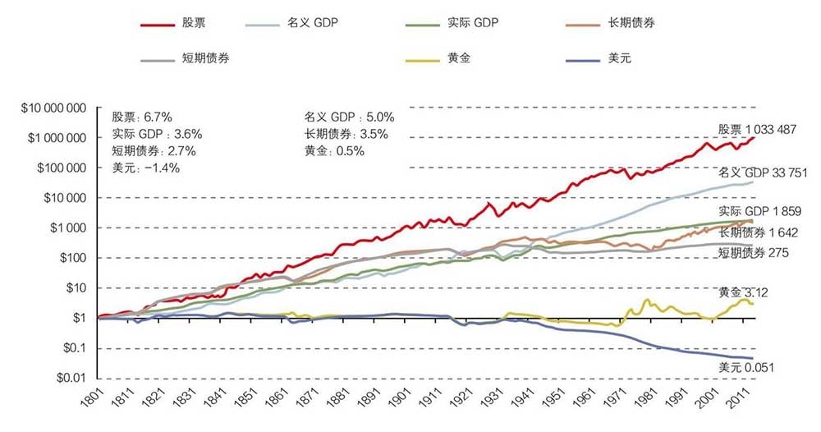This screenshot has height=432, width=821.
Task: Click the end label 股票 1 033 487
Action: tap(756, 130)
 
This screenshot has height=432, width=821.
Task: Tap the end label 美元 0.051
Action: tap(746, 367)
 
